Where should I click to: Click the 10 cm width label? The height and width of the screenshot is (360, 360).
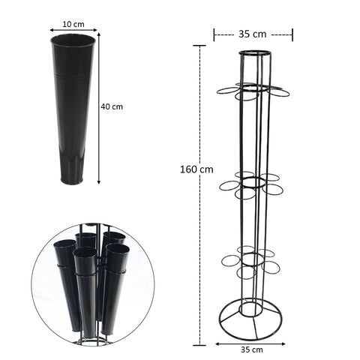(x=73, y=24)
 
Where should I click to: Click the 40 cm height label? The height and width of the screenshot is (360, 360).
(x=112, y=106)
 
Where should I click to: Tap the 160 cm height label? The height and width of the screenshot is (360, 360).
(x=196, y=169)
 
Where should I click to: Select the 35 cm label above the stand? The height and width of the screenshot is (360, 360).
(x=253, y=34)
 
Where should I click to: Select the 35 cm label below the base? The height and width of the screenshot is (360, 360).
(x=252, y=349)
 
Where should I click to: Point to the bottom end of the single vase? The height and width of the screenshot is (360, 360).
(x=72, y=181)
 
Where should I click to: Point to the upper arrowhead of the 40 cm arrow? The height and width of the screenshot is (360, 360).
(x=99, y=34)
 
